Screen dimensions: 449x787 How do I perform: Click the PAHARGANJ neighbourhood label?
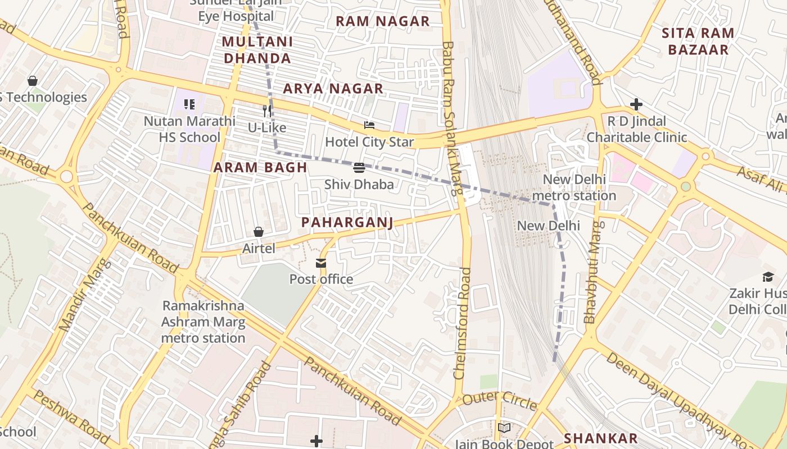[x=347, y=222]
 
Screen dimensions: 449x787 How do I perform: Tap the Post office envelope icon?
[x=321, y=263]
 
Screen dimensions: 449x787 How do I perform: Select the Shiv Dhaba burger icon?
[x=359, y=167]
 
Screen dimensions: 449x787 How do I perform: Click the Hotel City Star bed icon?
[x=369, y=125]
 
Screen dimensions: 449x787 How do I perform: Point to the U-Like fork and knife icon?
[x=267, y=111]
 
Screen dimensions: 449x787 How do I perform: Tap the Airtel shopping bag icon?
[x=259, y=232]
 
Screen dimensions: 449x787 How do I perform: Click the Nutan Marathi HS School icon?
[x=189, y=104]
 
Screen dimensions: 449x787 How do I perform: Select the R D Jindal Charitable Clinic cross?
[x=636, y=104]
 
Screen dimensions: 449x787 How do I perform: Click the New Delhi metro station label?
[x=573, y=187]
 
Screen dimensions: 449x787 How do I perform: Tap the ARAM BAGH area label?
[x=260, y=167]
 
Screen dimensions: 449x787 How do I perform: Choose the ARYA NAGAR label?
[x=333, y=89]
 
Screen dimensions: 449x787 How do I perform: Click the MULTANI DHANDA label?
[x=257, y=50]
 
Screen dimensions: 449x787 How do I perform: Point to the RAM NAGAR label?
[x=382, y=21]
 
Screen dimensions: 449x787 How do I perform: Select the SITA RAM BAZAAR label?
[x=698, y=41]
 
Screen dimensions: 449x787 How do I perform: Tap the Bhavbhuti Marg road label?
[x=592, y=272]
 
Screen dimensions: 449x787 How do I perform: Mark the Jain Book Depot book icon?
[x=504, y=428]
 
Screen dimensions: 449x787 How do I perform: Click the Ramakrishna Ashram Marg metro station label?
[x=203, y=322]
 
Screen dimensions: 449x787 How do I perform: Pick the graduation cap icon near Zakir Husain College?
[x=768, y=276]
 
